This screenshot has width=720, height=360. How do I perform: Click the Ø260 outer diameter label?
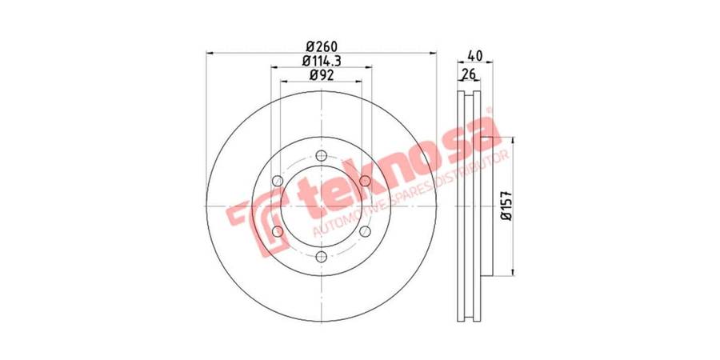pos(322,46)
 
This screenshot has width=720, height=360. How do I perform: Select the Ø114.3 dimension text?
pos(322,61)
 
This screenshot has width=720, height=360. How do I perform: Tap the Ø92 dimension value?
pos(321,75)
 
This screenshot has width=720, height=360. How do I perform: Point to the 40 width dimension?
pos(474,56)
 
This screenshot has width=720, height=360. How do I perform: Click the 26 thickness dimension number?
pos(468,74)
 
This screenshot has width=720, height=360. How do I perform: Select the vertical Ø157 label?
pos(506,206)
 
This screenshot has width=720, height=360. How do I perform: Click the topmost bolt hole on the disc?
pos(322,156)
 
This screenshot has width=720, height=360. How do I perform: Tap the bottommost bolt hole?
pos(322,257)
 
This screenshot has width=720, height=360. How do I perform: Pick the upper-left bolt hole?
pos(278,181)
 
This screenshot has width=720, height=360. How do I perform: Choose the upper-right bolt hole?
pos(365,181)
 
